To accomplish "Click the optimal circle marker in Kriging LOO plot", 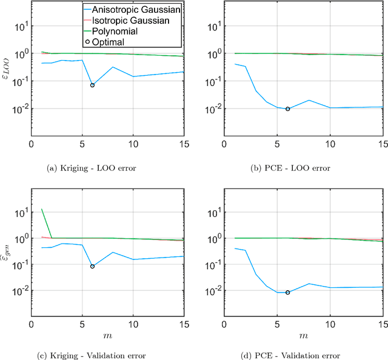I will pyautogui.click(x=92, y=85).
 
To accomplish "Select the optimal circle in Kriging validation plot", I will pyautogui.click(x=92, y=266).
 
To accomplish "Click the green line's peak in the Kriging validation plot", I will pyautogui.click(x=41, y=210).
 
